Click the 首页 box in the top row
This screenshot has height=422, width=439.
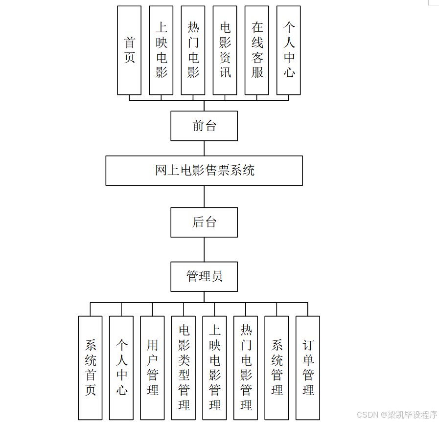tap(129, 50)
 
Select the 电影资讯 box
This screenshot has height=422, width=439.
tap(225, 50)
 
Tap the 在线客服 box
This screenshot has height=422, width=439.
tap(256, 50)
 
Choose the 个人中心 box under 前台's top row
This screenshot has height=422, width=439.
tap(288, 50)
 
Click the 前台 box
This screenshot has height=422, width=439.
tap(204, 126)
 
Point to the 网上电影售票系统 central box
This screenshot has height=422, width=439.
tap(204, 171)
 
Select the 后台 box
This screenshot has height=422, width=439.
tap(204, 222)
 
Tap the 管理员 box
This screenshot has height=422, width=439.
tap(204, 276)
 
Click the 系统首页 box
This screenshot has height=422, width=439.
tap(90, 368)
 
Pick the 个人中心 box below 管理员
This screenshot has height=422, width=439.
tap(121, 368)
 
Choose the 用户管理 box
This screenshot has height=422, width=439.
tap(152, 368)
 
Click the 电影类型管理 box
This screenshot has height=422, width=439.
tap(184, 368)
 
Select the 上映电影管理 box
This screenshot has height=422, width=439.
tap(214, 368)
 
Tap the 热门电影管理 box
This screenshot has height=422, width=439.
tap(246, 368)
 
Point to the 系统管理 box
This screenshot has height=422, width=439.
tap(277, 368)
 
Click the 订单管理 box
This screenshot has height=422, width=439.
tap(308, 368)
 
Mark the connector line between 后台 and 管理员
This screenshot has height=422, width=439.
tap(204, 249)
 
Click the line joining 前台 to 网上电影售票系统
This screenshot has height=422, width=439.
tap(204, 148)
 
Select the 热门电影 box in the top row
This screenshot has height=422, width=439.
tap(193, 50)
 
